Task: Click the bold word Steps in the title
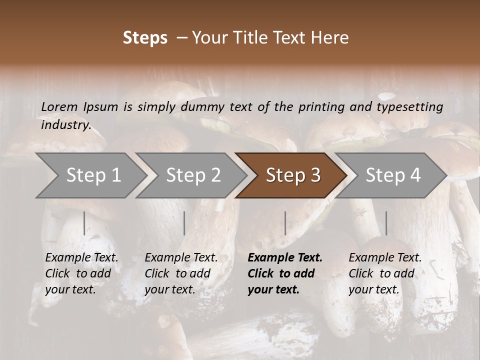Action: [145, 38]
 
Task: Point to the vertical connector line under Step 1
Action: [84, 223]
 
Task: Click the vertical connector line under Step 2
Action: [184, 223]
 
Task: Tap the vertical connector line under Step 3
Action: [285, 223]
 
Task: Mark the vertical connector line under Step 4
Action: [386, 223]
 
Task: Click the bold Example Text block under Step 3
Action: [285, 273]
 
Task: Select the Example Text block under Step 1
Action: [81, 273]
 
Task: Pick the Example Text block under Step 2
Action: [181, 273]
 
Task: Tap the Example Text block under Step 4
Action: [385, 273]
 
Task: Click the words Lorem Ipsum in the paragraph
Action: [79, 107]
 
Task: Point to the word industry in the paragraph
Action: [65, 125]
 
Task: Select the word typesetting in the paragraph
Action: [409, 107]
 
